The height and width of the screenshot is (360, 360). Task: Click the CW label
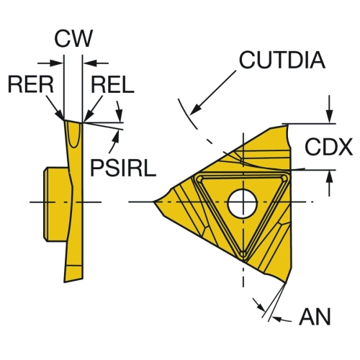pyautogui.click(x=73, y=38)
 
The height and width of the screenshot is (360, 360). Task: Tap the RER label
pyautogui.click(x=31, y=84)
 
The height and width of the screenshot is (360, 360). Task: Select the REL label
pyautogui.click(x=112, y=84)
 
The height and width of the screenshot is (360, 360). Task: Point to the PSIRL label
pyautogui.click(x=123, y=168)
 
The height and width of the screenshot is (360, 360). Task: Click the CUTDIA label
pyautogui.click(x=282, y=60)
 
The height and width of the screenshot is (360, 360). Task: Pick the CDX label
pyautogui.click(x=328, y=147)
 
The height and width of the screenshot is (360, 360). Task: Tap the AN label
pyautogui.click(x=315, y=317)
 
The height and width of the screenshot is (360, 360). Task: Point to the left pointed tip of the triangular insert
pyautogui.click(x=153, y=202)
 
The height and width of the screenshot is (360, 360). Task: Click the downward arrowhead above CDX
pyautogui.click(x=330, y=117)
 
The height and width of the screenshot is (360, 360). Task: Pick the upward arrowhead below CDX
pyautogui.click(x=330, y=176)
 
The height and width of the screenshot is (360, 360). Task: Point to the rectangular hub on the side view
pyautogui.click(x=55, y=204)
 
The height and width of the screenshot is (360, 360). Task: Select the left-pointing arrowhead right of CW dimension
pyautogui.click(x=90, y=63)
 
